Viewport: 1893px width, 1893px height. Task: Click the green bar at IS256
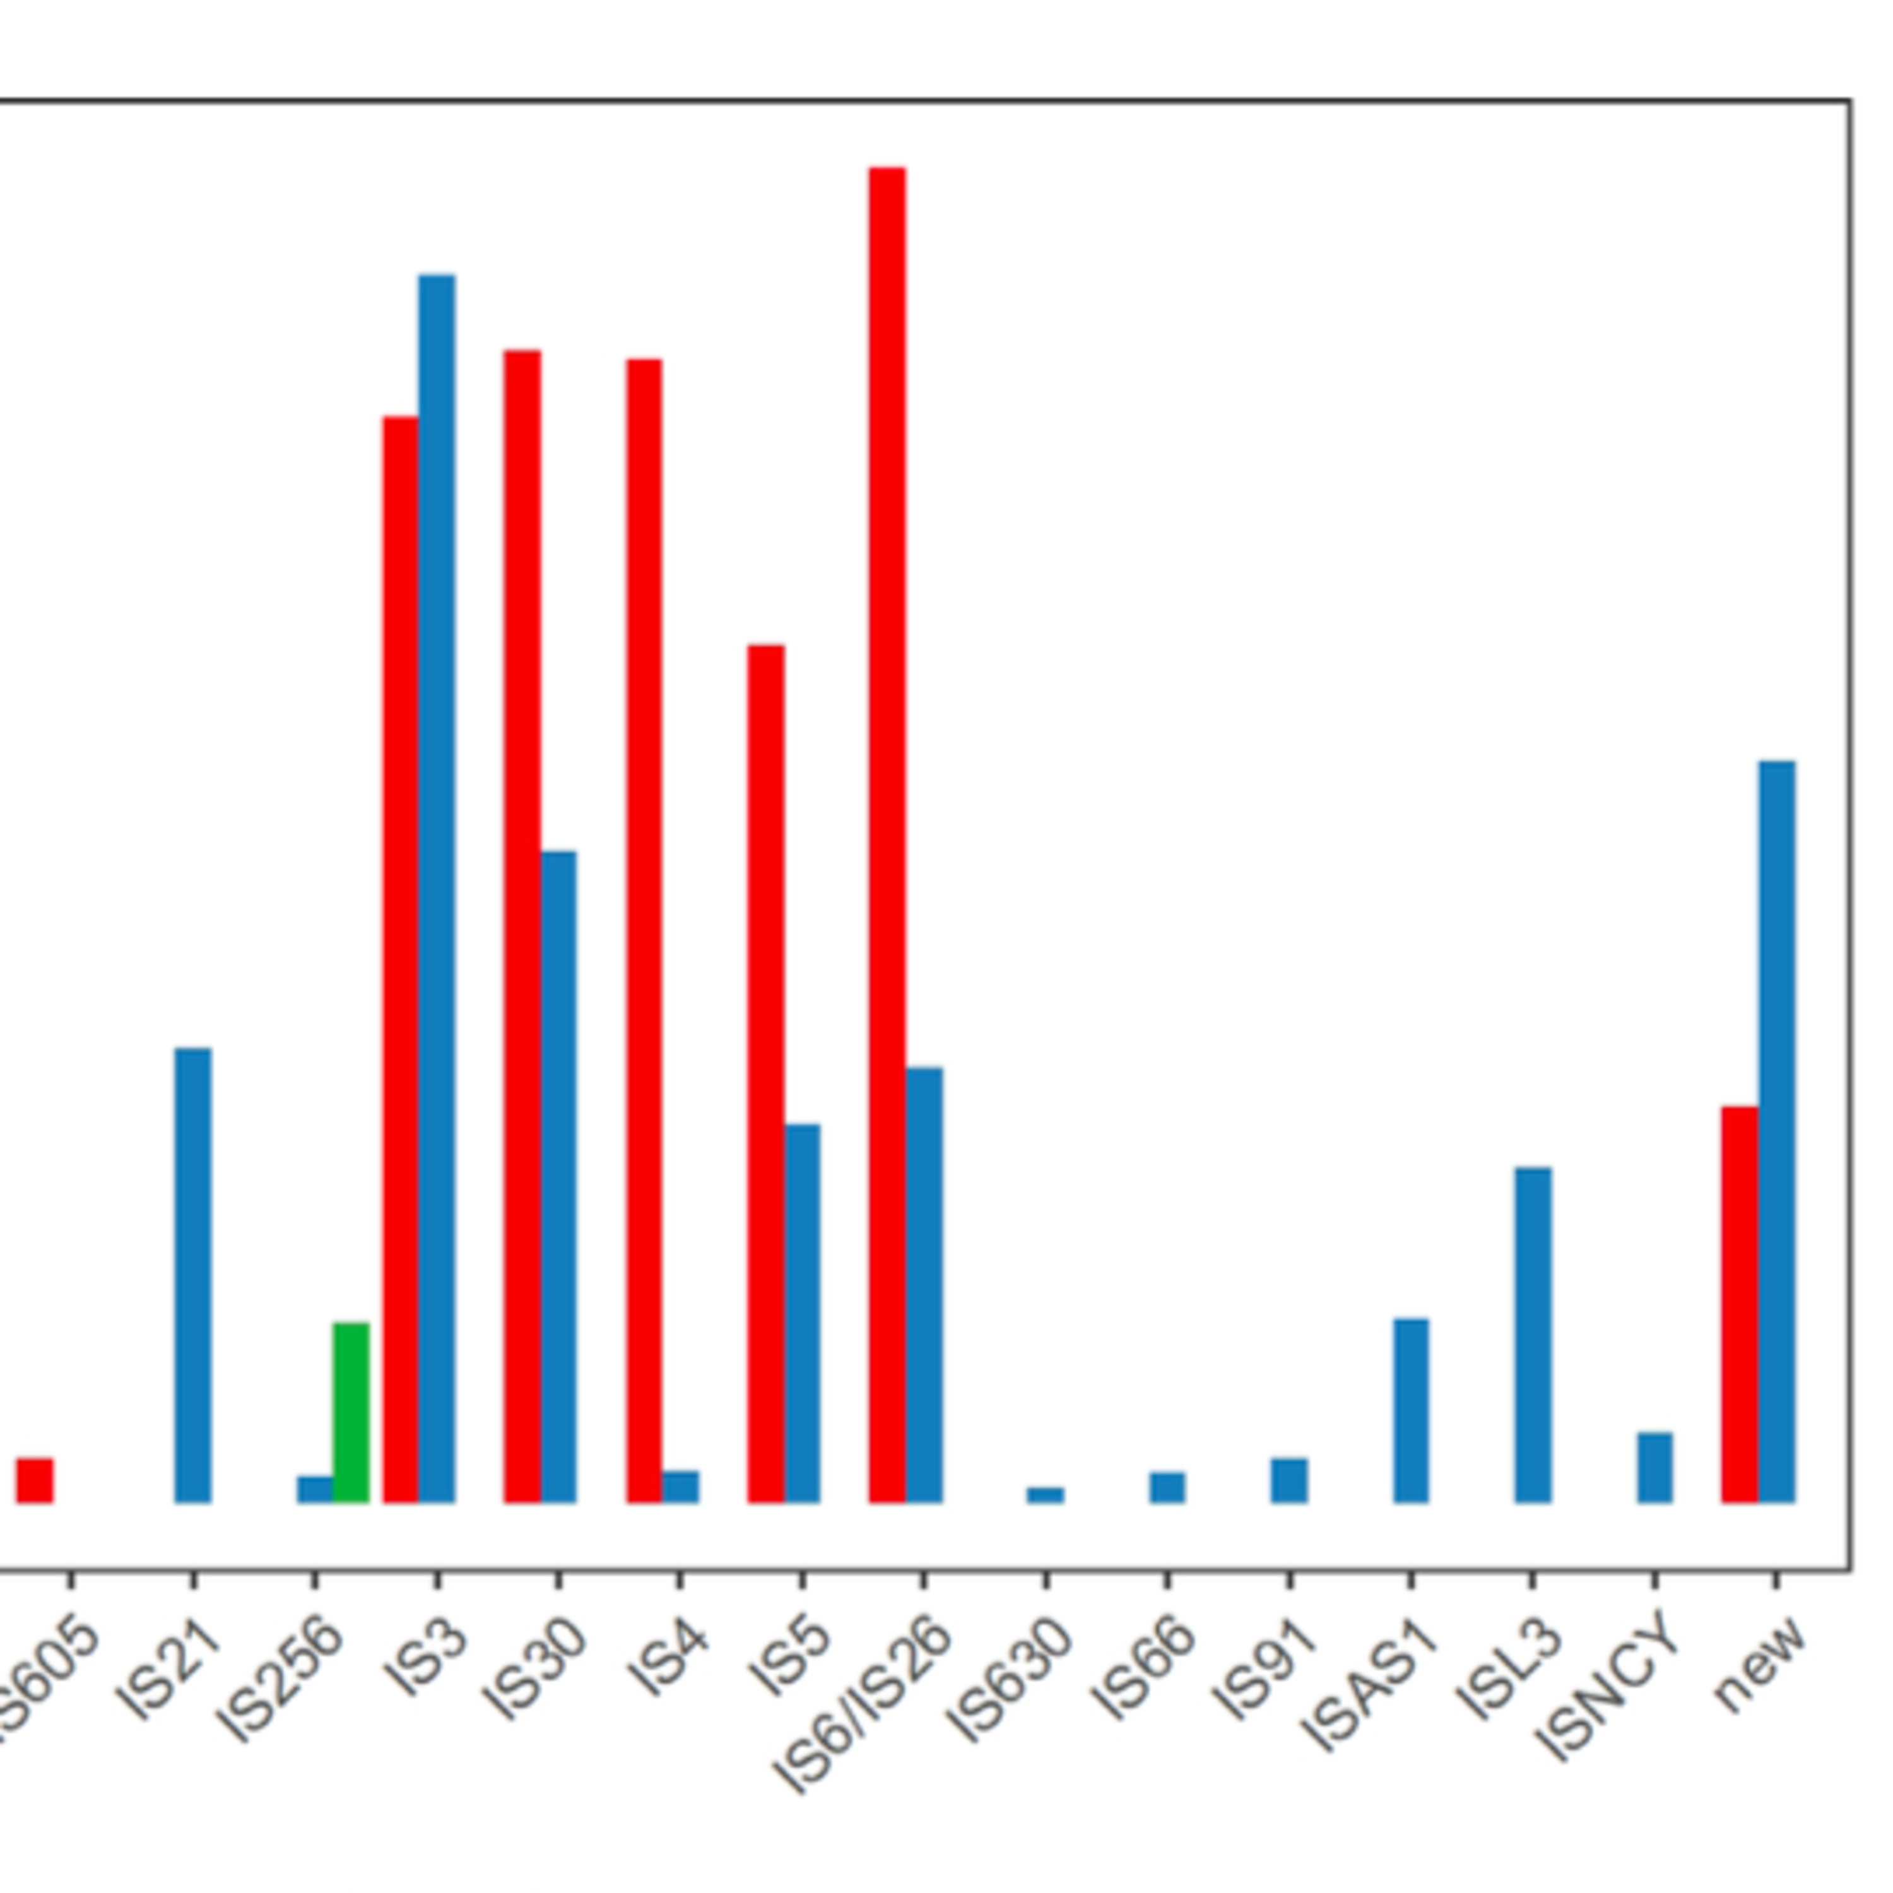click(351, 1412)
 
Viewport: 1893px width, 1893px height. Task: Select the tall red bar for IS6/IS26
click(887, 833)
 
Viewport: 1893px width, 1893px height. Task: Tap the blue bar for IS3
click(437, 887)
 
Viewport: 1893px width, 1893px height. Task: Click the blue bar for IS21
click(193, 1274)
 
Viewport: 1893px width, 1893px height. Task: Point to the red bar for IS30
click(522, 925)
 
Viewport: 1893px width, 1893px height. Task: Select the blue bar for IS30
click(558, 1176)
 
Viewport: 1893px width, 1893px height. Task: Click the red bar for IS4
click(644, 930)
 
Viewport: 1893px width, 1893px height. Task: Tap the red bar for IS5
click(765, 1073)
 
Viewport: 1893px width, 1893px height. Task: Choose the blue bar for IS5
click(803, 1313)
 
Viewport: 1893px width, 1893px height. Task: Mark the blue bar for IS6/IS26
click(924, 1283)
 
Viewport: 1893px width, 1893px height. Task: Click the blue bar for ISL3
click(1533, 1335)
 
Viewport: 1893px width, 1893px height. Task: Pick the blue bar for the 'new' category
click(1776, 1131)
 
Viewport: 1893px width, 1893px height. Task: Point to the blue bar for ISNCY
click(1655, 1467)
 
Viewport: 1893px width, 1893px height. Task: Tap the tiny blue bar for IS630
click(1046, 1494)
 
